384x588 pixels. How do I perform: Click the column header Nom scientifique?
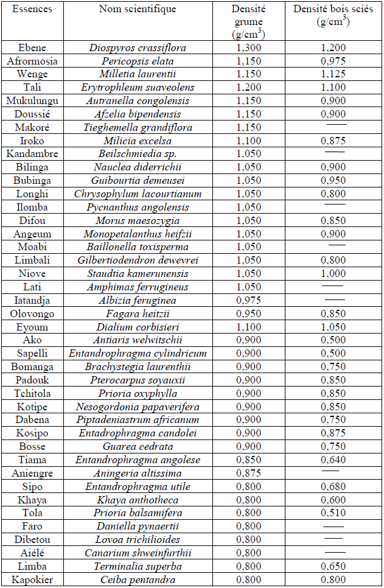[138, 9]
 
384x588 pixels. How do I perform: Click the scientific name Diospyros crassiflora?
[138, 47]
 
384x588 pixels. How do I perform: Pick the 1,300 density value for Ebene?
[248, 47]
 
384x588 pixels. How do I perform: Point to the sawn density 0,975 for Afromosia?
[333, 61]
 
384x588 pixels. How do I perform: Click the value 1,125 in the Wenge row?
[333, 74]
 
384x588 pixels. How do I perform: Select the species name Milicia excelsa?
[138, 141]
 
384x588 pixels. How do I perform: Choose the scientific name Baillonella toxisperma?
[138, 248]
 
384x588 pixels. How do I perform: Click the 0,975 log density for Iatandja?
[248, 301]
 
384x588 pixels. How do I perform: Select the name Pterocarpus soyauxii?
[138, 380]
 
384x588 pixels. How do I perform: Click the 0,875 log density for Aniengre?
[248, 474]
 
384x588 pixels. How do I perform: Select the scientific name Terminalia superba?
[138, 567]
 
